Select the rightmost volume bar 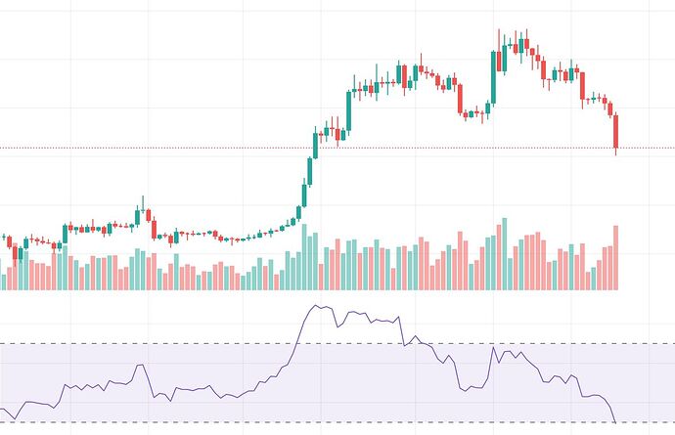(616, 257)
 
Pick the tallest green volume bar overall (504, 254)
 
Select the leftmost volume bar (4, 282)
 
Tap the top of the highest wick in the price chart (499, 30)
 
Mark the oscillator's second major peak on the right (495, 347)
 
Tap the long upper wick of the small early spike (142, 200)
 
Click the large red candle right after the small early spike (154, 229)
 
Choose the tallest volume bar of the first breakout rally (304, 257)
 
